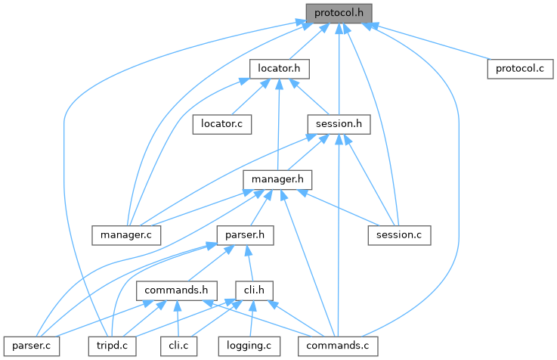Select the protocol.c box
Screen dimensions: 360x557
click(x=520, y=68)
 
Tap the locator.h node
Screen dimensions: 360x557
click(x=280, y=68)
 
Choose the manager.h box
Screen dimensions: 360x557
click(x=277, y=179)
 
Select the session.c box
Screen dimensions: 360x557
click(x=398, y=234)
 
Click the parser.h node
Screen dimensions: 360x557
click(x=244, y=234)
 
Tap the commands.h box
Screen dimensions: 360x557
click(x=177, y=290)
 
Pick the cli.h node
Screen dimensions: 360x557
click(x=253, y=290)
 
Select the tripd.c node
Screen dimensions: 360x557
click(x=112, y=345)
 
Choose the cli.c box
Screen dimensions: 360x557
click(x=178, y=345)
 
